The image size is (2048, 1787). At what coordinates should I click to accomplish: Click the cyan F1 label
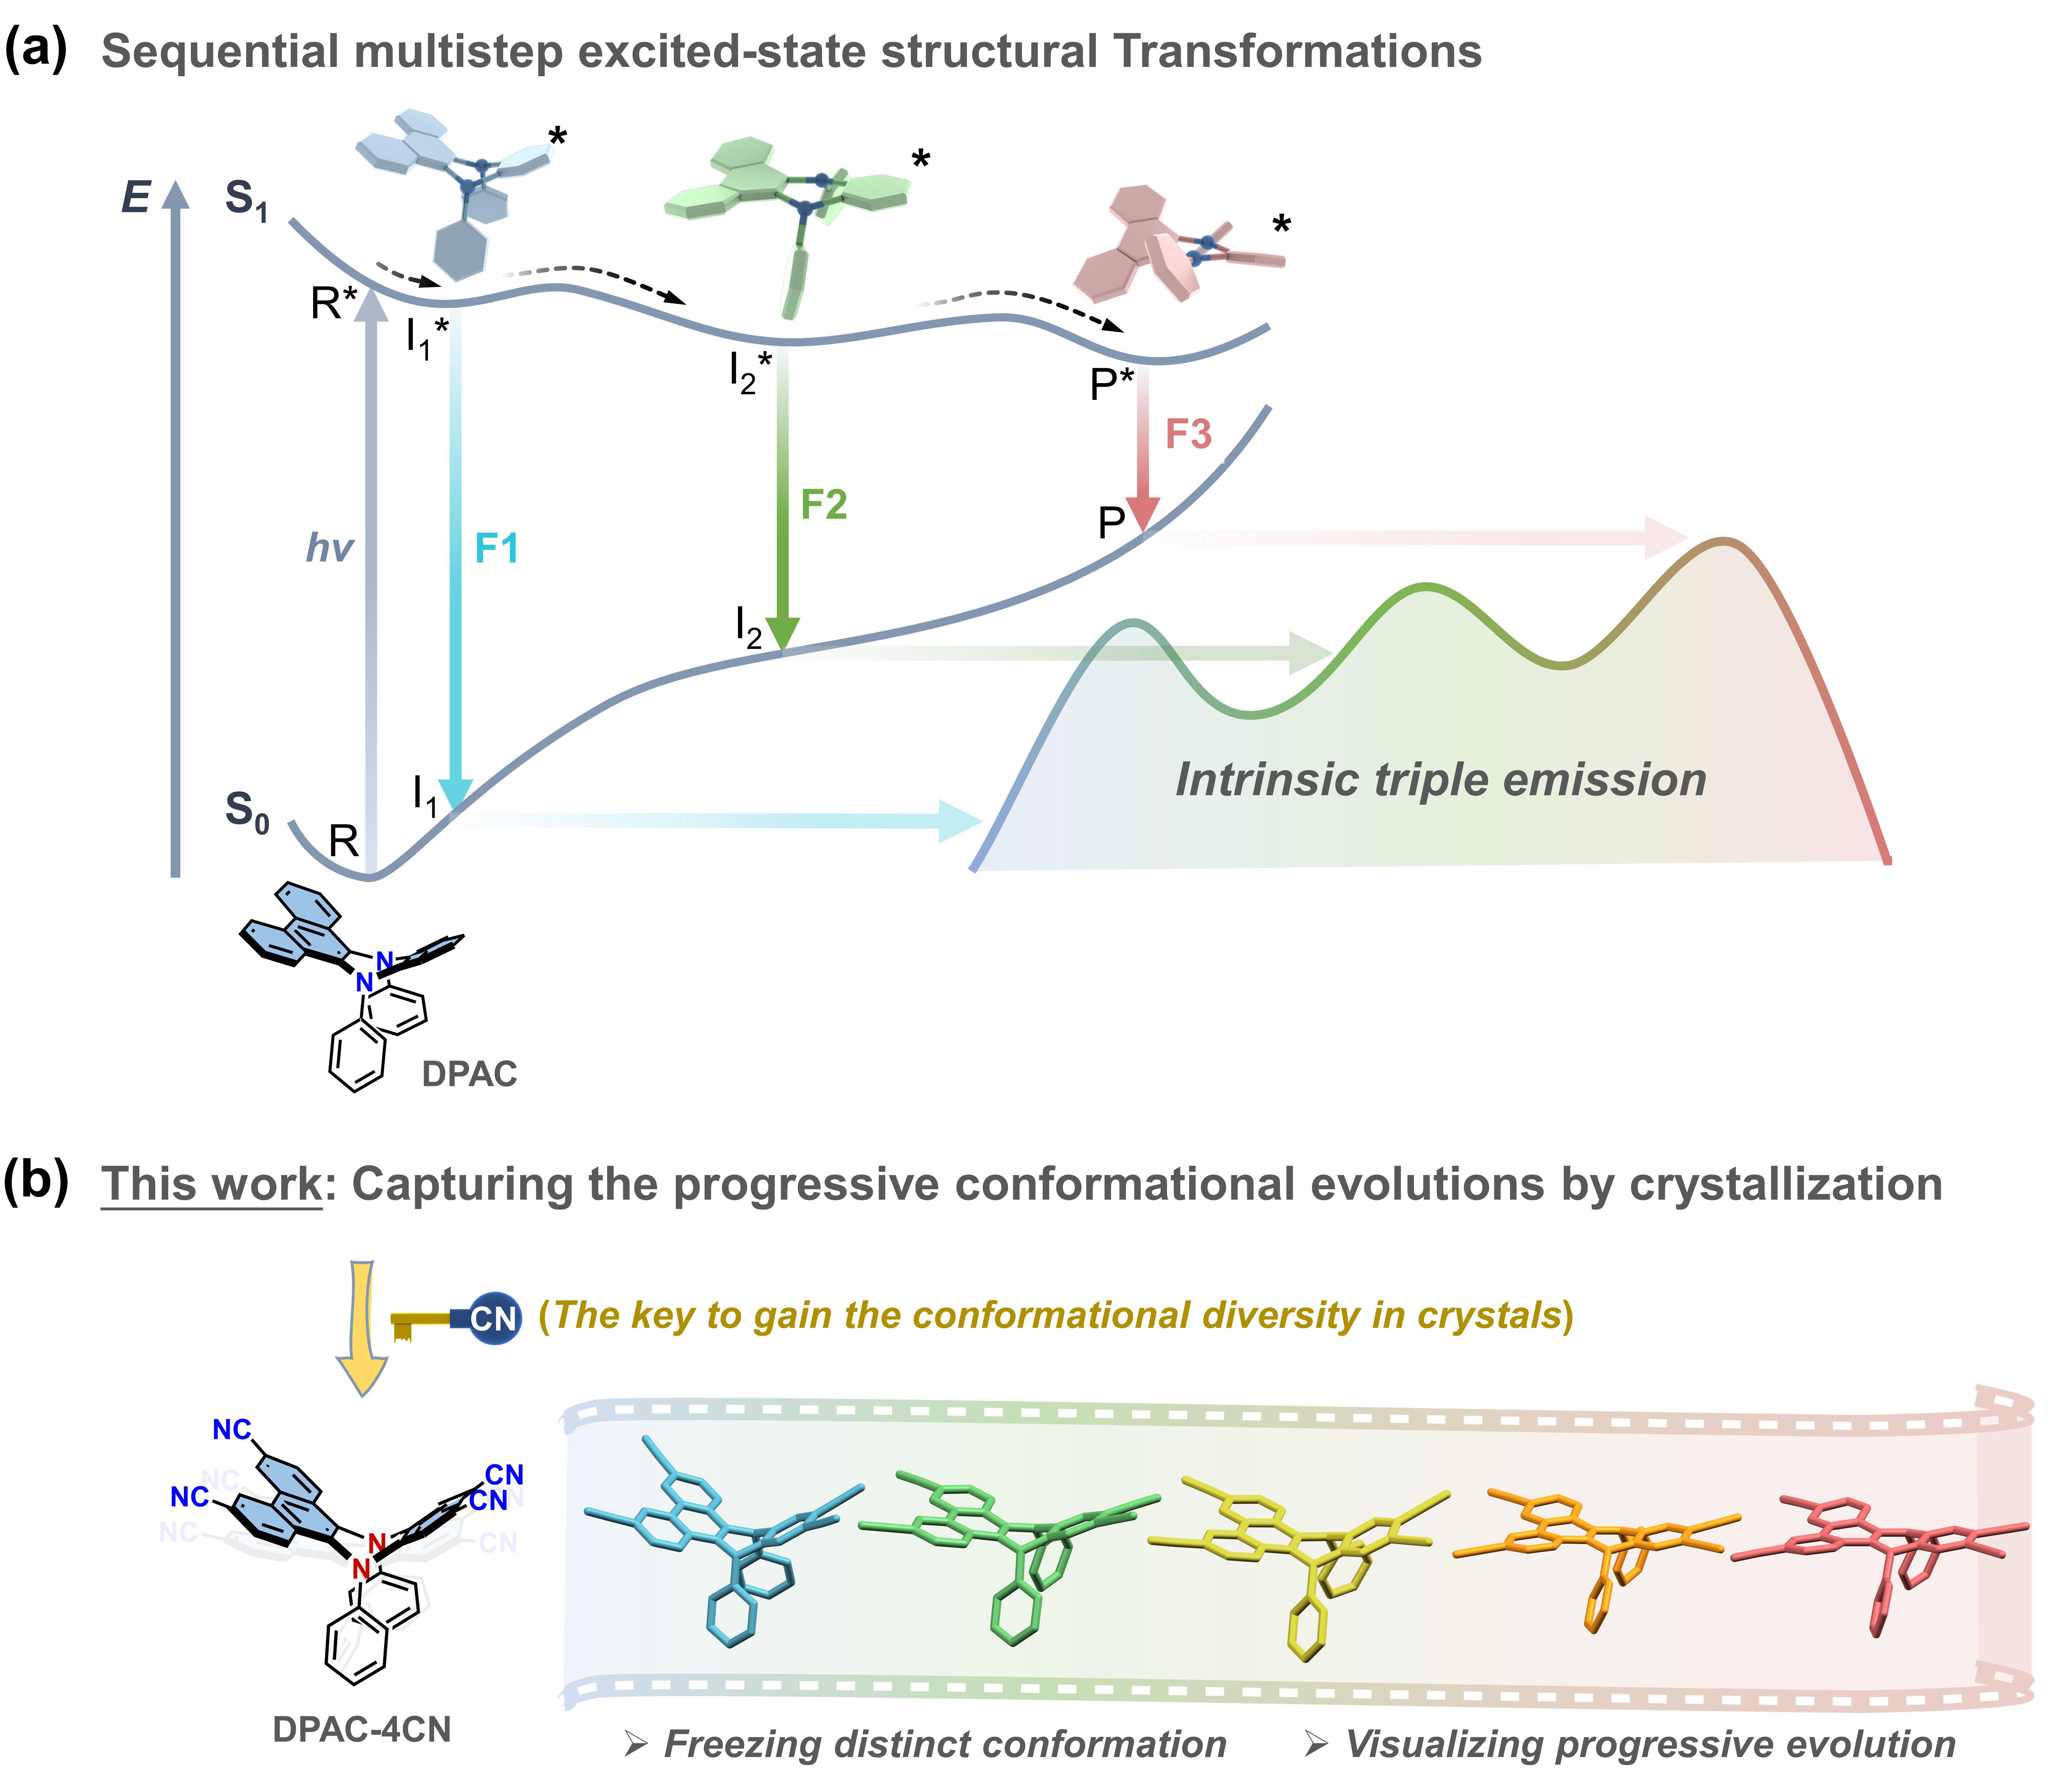point(496,549)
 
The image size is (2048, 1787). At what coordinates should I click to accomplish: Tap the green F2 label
point(824,505)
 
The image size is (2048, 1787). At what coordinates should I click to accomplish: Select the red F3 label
point(1187,435)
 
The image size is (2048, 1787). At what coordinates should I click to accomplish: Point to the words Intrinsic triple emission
point(1441,780)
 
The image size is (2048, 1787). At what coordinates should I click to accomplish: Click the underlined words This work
point(211,1185)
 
